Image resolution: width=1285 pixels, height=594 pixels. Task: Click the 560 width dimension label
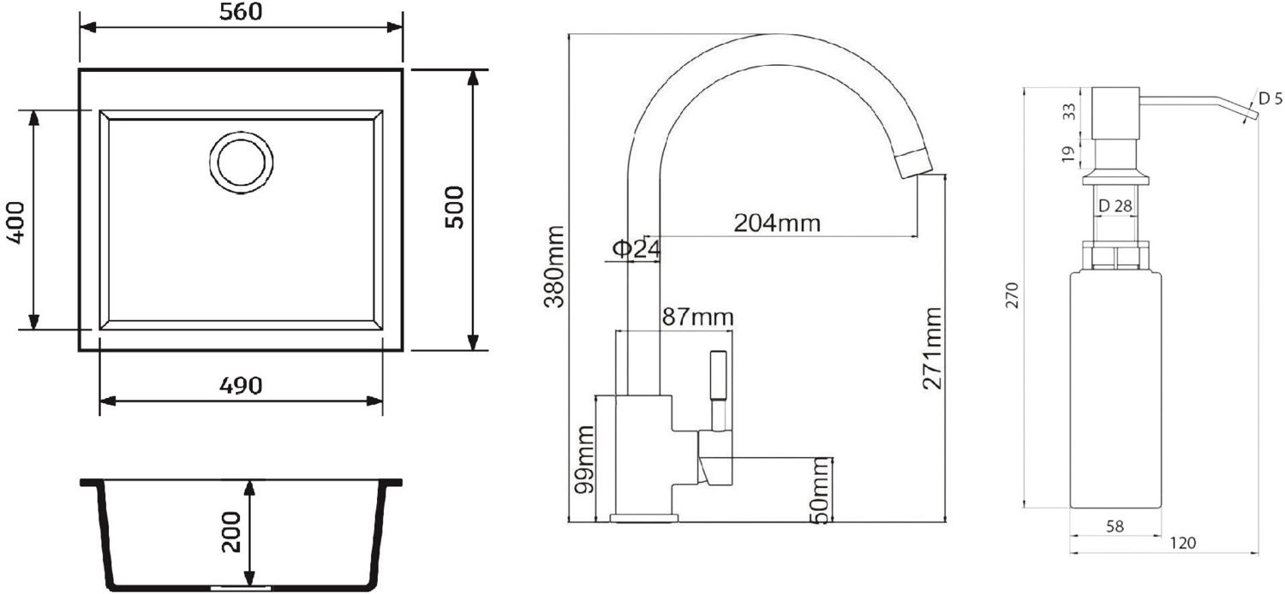click(241, 11)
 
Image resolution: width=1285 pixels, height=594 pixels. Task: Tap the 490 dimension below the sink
click(241, 386)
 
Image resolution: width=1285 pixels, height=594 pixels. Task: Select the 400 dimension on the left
click(15, 223)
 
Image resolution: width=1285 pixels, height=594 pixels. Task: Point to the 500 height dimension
click(455, 207)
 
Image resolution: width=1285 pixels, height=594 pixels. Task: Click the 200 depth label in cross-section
click(231, 532)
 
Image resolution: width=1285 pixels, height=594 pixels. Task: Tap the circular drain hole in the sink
click(241, 163)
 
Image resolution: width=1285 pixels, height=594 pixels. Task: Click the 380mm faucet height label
click(555, 267)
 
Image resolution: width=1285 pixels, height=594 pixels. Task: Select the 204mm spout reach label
click(777, 223)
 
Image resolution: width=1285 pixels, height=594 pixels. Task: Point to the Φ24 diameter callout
click(637, 249)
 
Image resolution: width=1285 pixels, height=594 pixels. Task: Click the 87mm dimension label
click(697, 317)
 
